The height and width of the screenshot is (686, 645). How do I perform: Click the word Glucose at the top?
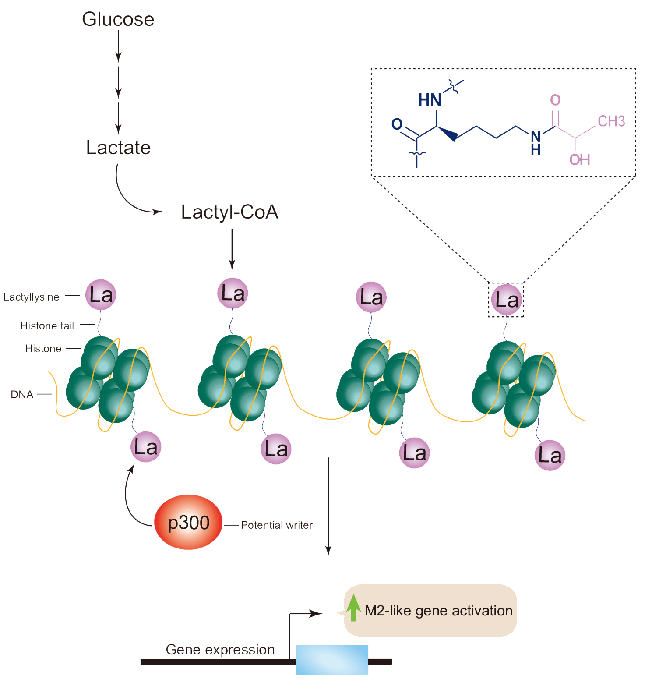coord(118,20)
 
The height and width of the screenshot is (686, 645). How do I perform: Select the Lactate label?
coord(118,148)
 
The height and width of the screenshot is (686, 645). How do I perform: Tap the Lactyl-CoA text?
coord(230,212)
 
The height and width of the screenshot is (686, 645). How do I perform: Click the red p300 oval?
coord(188,522)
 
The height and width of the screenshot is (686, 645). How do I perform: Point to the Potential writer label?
coord(277,525)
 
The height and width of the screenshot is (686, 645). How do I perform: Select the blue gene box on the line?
coord(332,659)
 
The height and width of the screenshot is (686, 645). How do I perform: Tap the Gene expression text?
coord(220,650)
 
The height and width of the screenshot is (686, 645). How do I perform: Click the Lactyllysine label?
coord(31,297)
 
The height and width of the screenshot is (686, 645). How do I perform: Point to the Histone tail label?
coord(47,325)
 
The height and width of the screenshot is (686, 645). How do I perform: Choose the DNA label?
coord(22,394)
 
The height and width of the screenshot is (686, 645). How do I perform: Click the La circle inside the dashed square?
coord(507,300)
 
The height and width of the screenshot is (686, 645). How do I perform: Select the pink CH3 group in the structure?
coord(611,121)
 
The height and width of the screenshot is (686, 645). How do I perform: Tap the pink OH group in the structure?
coord(580,159)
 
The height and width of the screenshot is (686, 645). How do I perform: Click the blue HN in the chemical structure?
coord(430,100)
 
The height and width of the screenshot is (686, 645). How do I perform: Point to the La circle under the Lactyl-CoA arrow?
coord(233,293)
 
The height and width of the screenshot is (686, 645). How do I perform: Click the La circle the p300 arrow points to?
coord(146,447)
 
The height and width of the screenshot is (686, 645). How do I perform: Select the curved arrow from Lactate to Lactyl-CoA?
coord(129,199)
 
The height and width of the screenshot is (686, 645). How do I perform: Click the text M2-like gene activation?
coord(438,611)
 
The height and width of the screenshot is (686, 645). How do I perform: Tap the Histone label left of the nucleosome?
coord(43,349)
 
